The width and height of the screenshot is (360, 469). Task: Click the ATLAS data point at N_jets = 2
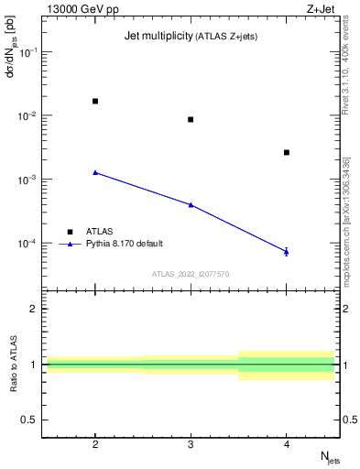tap(95, 101)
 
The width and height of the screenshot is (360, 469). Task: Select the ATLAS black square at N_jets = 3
tap(191, 119)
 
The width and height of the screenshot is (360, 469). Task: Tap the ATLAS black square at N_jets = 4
tap(287, 152)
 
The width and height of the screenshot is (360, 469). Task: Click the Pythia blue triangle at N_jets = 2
tap(95, 172)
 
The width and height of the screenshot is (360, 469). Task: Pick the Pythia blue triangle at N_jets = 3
tap(191, 204)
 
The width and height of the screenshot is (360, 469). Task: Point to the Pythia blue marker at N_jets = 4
tap(287, 251)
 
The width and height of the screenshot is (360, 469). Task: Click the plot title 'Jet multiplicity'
tap(158, 37)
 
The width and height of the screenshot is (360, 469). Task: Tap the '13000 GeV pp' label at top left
tap(77, 8)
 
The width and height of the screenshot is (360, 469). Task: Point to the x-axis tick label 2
tap(95, 443)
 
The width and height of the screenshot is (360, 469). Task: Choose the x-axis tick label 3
tap(191, 443)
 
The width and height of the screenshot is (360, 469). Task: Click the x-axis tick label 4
tap(287, 443)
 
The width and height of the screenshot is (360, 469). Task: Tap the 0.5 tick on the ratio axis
tap(29, 420)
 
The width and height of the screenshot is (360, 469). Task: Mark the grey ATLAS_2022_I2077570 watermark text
tap(191, 273)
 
